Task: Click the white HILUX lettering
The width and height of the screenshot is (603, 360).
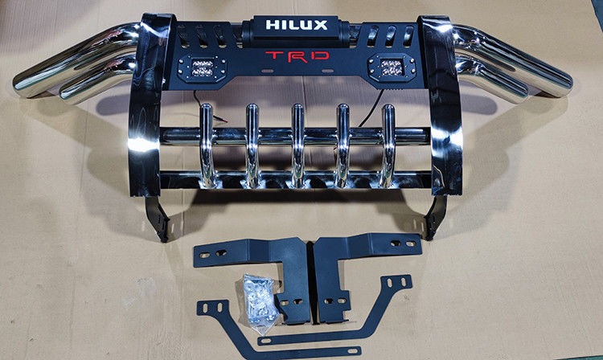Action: click(297, 25)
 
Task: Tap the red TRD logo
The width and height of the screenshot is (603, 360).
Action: click(297, 56)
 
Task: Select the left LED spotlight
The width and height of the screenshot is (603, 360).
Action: click(202, 68)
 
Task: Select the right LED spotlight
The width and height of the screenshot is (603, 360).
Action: click(392, 67)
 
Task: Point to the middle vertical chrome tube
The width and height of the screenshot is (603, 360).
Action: click(297, 145)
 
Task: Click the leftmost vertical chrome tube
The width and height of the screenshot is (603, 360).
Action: click(206, 145)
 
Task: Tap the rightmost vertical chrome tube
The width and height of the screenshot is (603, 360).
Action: click(388, 145)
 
